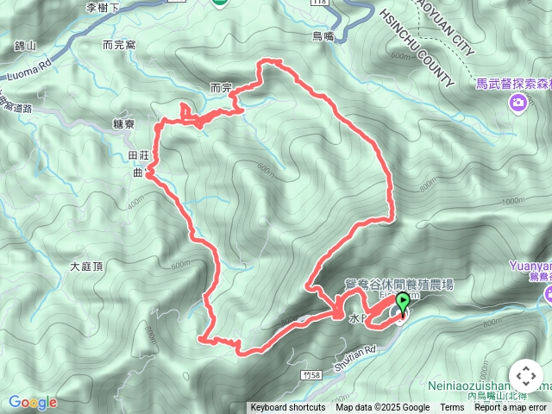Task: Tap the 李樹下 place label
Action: click(104, 8)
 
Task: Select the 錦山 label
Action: click(26, 45)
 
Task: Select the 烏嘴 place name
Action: click(323, 36)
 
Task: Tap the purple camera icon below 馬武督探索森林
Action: click(517, 104)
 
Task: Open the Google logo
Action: click(32, 402)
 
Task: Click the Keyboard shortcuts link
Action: click(288, 408)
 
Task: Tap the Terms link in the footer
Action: click(452, 408)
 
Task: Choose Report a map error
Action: click(511, 408)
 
